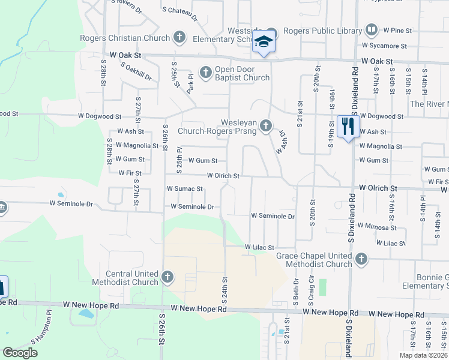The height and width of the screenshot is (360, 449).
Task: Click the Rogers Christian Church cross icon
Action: [x=179, y=37]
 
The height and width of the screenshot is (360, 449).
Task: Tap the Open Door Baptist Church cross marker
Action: [x=206, y=73]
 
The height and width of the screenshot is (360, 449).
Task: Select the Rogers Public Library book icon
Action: [x=372, y=29]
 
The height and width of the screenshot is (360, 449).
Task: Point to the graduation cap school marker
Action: [x=263, y=42]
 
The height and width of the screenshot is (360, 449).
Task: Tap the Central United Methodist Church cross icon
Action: [x=167, y=277]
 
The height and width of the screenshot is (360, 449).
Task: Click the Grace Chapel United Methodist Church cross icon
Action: [x=361, y=259]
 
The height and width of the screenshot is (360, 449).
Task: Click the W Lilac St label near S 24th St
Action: [x=259, y=247]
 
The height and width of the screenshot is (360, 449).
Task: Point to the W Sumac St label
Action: [x=185, y=189]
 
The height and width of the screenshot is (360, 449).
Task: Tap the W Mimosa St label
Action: [x=377, y=227]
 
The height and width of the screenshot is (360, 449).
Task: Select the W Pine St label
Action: [x=401, y=29]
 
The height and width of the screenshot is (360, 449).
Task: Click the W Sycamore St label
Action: [x=384, y=46]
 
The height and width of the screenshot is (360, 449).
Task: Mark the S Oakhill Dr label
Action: [x=136, y=70]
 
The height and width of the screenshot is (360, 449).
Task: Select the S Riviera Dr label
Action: [x=127, y=7]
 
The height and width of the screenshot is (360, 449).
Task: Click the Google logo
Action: [x=20, y=353]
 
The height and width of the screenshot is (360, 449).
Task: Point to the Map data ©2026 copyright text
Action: [x=424, y=355]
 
